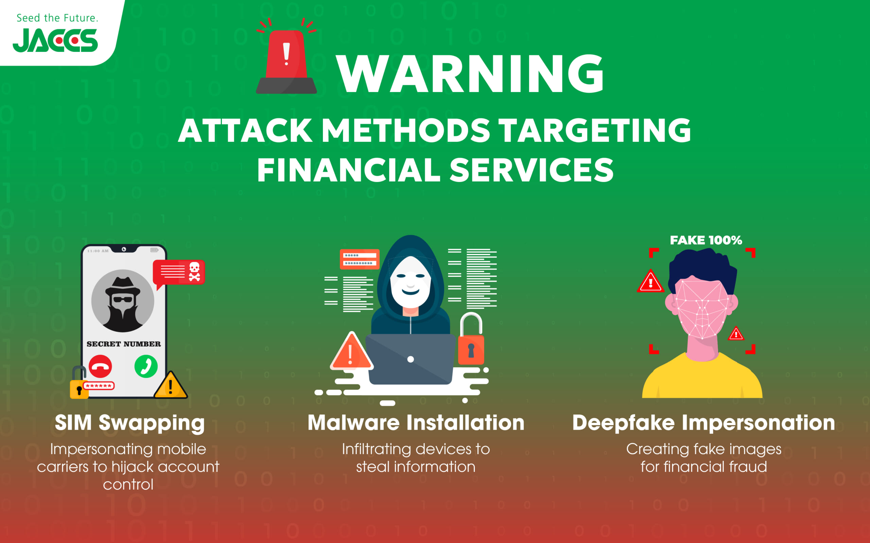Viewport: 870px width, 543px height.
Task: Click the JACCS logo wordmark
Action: (55, 40)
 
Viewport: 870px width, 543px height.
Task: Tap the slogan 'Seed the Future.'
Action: (57, 18)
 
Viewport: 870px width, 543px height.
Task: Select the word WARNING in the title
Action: (470, 74)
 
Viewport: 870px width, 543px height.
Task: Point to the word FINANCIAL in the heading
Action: (348, 170)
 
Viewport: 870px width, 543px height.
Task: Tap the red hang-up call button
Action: (100, 366)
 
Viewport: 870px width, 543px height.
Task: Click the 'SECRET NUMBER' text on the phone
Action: (124, 344)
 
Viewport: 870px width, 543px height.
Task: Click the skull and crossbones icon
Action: (194, 271)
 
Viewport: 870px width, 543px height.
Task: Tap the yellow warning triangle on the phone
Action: (170, 385)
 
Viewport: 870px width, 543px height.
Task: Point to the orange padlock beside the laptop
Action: (471, 339)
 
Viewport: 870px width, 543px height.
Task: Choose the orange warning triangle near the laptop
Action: (351, 352)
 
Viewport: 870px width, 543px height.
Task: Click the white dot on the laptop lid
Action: (411, 359)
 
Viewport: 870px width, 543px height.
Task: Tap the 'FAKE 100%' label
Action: (706, 240)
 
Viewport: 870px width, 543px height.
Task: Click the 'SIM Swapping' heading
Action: (130, 423)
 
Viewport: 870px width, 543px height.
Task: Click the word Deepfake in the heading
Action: (623, 423)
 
